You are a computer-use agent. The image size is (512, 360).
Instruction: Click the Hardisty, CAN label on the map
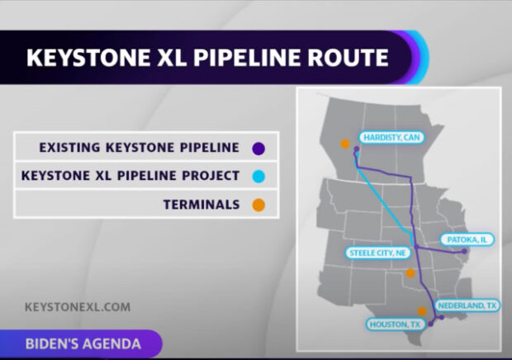click(387, 138)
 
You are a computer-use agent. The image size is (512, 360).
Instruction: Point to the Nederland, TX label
click(467, 305)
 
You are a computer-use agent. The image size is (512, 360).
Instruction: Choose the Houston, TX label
click(395, 324)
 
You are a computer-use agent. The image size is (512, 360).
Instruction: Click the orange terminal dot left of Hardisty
click(344, 144)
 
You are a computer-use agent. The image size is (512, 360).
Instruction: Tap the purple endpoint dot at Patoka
click(464, 251)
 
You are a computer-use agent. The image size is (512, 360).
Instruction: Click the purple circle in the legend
click(258, 149)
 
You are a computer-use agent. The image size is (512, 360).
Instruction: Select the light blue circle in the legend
click(258, 176)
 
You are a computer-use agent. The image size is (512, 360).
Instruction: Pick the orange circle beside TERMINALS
click(258, 204)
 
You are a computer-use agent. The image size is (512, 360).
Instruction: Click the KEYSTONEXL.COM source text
click(78, 306)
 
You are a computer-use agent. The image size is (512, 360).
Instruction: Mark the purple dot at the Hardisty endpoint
click(357, 149)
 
